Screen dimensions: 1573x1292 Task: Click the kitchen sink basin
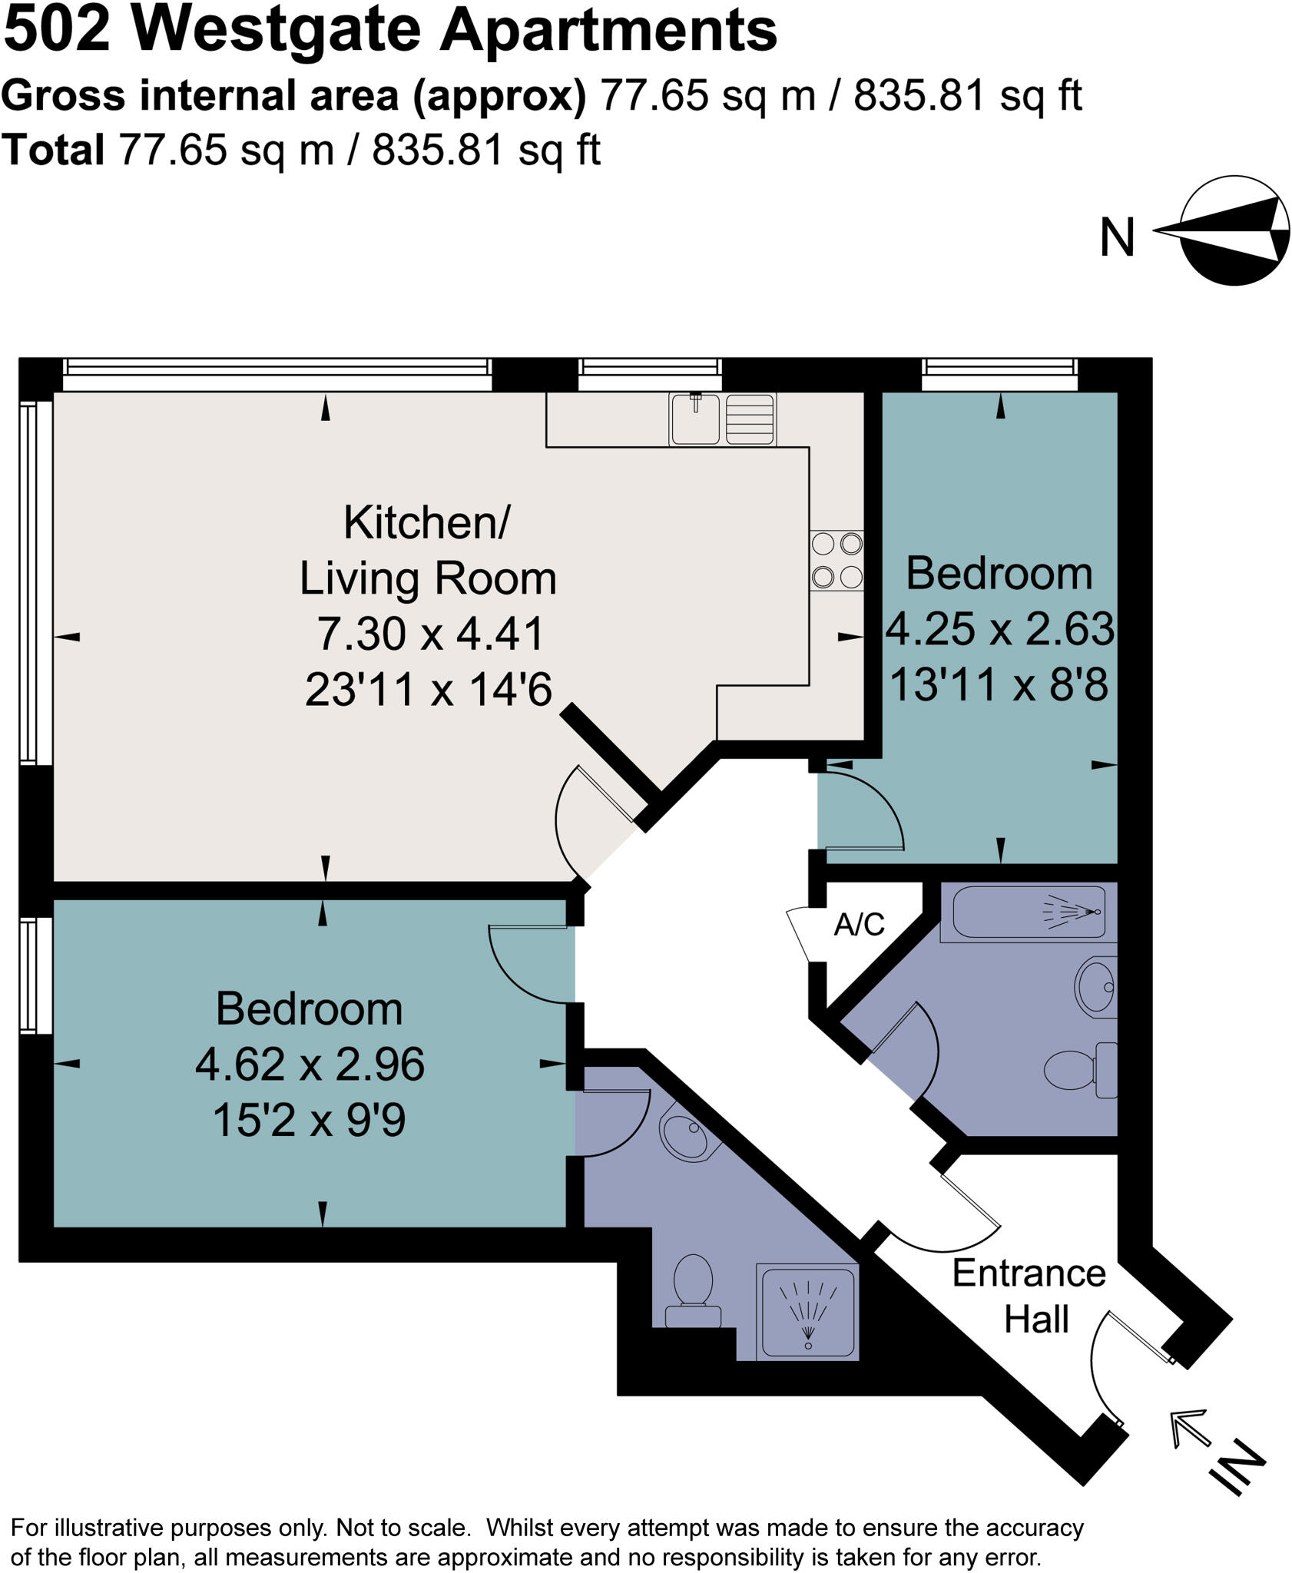click(694, 419)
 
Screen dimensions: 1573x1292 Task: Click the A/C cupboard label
click(859, 925)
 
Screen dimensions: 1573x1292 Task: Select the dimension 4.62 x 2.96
click(310, 1065)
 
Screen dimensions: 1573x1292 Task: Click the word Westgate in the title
click(276, 32)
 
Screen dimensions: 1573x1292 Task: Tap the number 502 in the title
click(58, 32)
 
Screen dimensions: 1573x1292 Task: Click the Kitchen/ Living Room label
click(427, 551)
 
